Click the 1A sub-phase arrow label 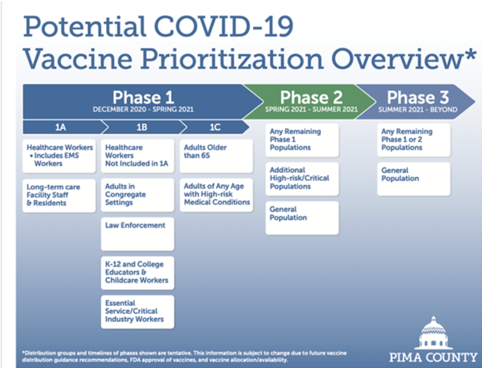click(61, 127)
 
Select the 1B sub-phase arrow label click(142, 127)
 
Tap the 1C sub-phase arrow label click(215, 127)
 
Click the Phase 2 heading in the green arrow click(311, 97)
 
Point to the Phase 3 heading click(418, 97)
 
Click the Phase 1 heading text click(143, 97)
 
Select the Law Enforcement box click(138, 234)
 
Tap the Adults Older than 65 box click(216, 156)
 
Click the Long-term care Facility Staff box click(59, 196)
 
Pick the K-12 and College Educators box click(138, 273)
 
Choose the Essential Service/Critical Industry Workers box click(138, 312)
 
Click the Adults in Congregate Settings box click(138, 195)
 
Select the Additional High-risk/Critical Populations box click(302, 179)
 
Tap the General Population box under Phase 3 click(414, 179)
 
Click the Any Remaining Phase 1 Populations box click(302, 140)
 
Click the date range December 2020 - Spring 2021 click(143, 109)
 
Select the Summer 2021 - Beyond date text click(418, 109)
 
